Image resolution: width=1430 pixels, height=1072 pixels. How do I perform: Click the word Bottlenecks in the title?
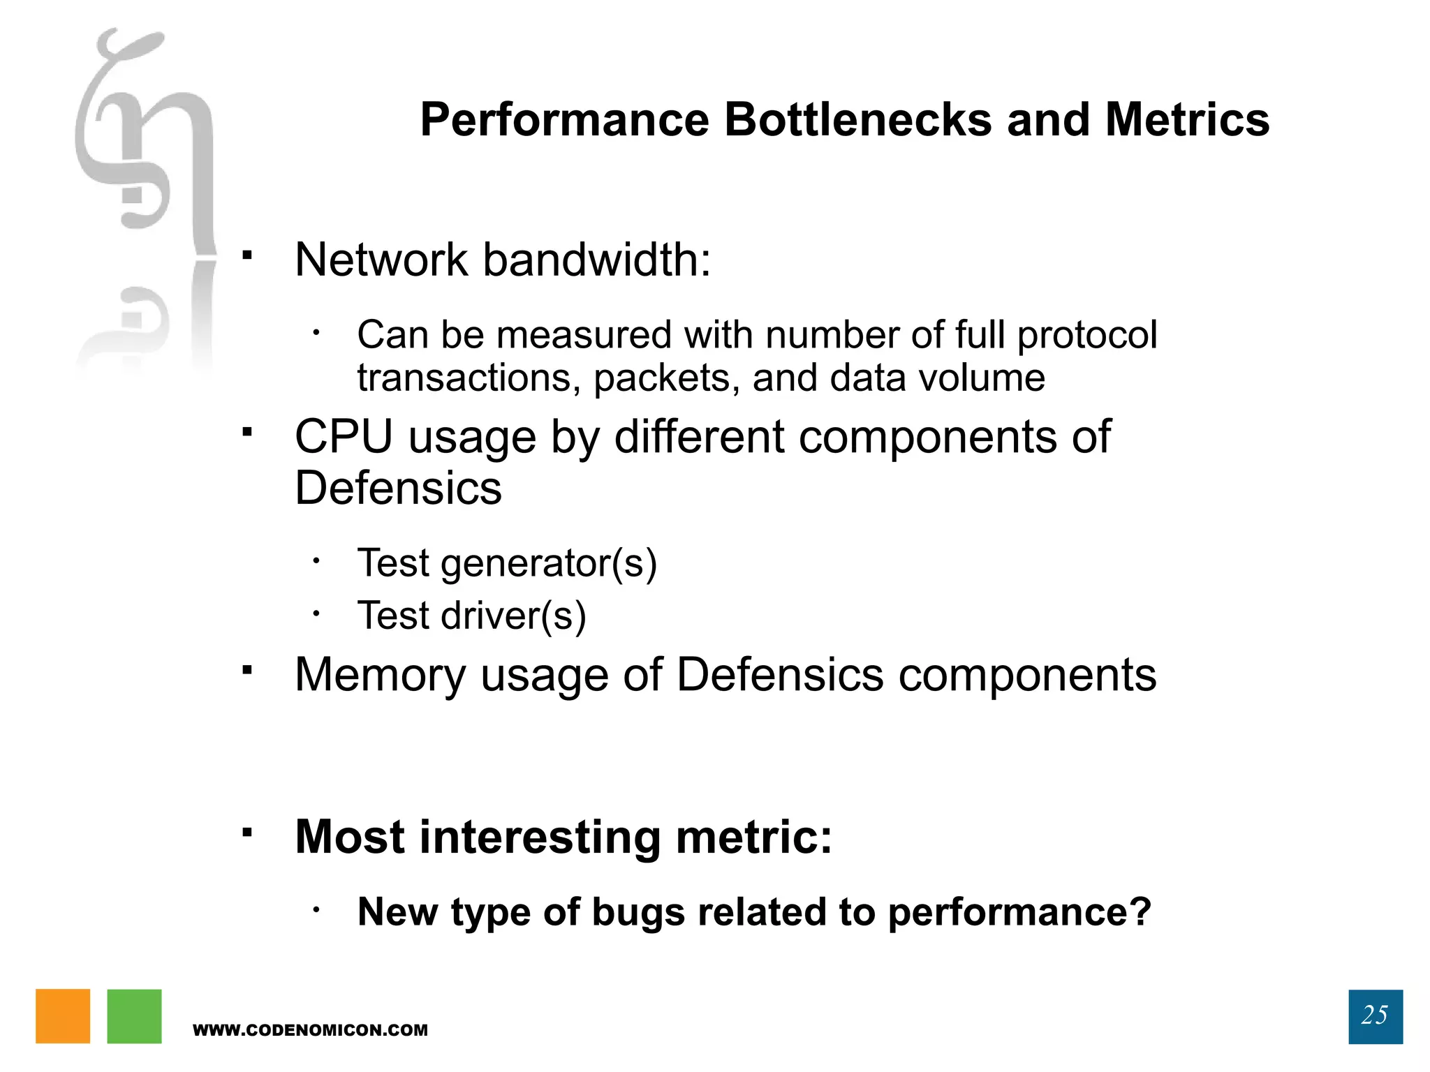click(x=857, y=120)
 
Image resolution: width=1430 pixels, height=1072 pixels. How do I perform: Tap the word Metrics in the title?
click(x=1187, y=120)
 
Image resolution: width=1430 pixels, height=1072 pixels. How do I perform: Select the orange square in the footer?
click(x=63, y=1016)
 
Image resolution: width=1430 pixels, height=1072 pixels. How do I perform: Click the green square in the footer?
click(x=134, y=1016)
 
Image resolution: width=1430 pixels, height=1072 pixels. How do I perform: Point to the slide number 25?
click(x=1375, y=1015)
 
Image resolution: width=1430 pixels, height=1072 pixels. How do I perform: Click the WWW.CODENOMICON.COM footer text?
click(x=310, y=1030)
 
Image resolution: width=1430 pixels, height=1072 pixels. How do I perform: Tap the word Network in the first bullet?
click(x=381, y=260)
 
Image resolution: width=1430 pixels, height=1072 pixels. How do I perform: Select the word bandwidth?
click(x=597, y=260)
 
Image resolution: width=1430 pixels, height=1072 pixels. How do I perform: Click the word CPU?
click(x=344, y=438)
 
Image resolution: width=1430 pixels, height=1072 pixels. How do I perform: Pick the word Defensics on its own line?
click(x=398, y=488)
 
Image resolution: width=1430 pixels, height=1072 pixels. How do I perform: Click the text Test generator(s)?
click(x=507, y=563)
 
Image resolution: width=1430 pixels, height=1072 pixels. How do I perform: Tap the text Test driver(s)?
click(x=471, y=616)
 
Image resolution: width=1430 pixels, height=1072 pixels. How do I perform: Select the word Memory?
click(x=380, y=675)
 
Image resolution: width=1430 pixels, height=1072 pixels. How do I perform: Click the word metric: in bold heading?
click(x=754, y=837)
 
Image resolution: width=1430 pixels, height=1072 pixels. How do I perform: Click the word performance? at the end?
click(x=1019, y=913)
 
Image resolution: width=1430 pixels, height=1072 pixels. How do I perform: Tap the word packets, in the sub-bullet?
click(x=667, y=379)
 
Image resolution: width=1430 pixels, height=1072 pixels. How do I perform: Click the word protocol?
click(x=1087, y=335)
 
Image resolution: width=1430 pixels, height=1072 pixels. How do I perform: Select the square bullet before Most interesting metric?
click(x=247, y=832)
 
